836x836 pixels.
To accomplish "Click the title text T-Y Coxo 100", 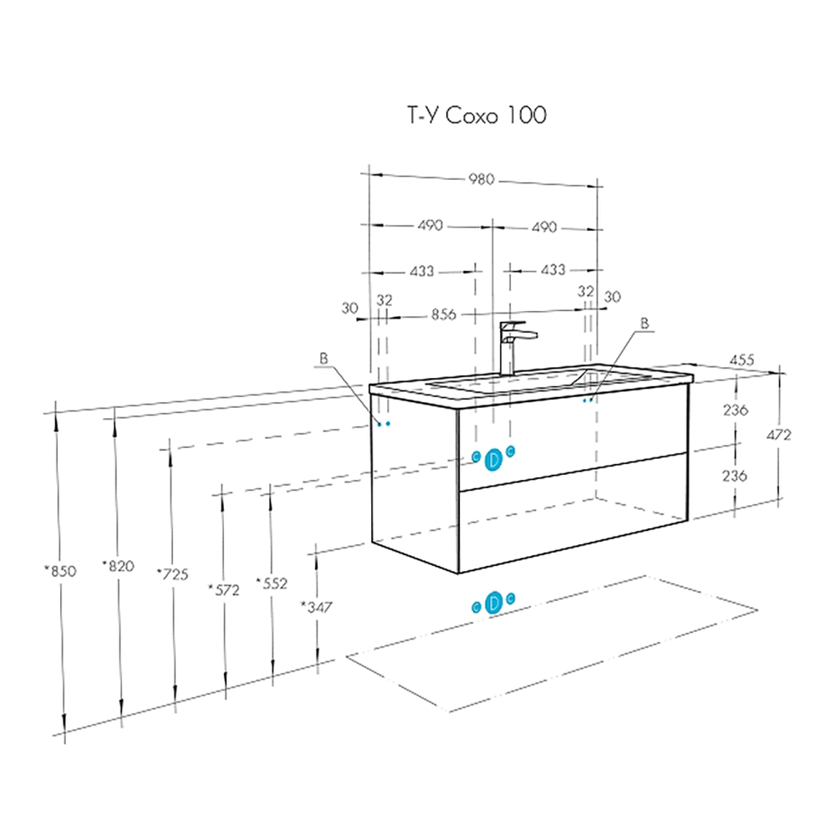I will coord(477,115).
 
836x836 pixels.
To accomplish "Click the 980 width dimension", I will coord(482,179).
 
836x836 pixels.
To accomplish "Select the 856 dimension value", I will coord(443,315).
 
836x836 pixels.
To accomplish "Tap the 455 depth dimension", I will coord(742,359).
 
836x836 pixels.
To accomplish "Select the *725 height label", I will coord(172,573).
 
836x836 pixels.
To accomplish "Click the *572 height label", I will coord(223,589).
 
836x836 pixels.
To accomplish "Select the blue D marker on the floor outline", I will coord(493,602).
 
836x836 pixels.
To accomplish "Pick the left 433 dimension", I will coord(421,271).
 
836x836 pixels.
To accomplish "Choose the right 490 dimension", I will coord(543,227).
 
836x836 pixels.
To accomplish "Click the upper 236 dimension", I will coord(735,410).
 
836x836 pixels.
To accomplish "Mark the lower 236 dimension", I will coord(735,475).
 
